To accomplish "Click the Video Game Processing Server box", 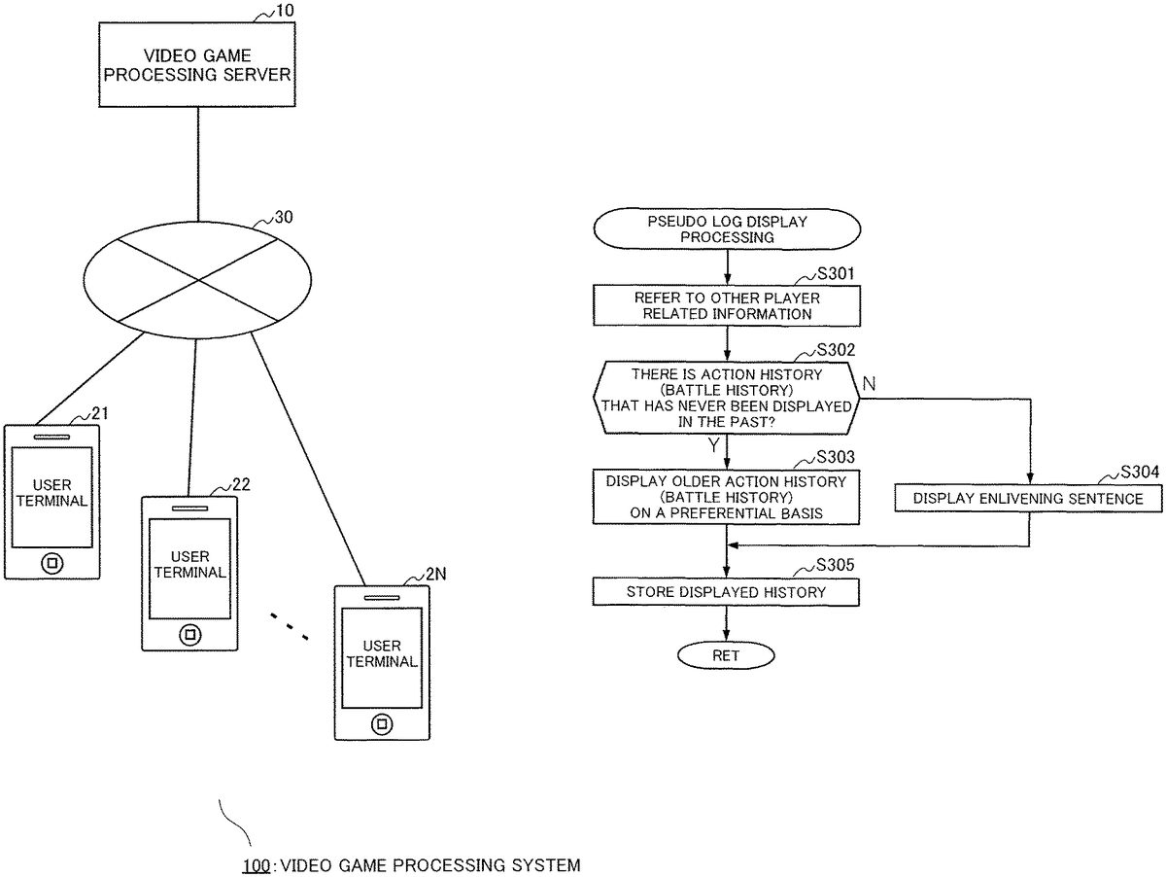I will [197, 64].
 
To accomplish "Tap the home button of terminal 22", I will [189, 634].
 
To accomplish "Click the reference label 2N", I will [436, 575].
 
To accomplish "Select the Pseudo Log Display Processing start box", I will [727, 229].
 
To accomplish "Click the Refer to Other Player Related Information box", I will [727, 306].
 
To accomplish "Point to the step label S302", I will [835, 350].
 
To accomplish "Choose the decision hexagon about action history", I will [727, 398].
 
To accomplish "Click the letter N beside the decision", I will [869, 385].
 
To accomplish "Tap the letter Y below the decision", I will [713, 445].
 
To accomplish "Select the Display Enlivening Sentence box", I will [1029, 499].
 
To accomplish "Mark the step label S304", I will [1138, 473].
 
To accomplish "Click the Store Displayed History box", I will [727, 591].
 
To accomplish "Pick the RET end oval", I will [726, 655].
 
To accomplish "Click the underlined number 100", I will [256, 864].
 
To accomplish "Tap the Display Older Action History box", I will [727, 497].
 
